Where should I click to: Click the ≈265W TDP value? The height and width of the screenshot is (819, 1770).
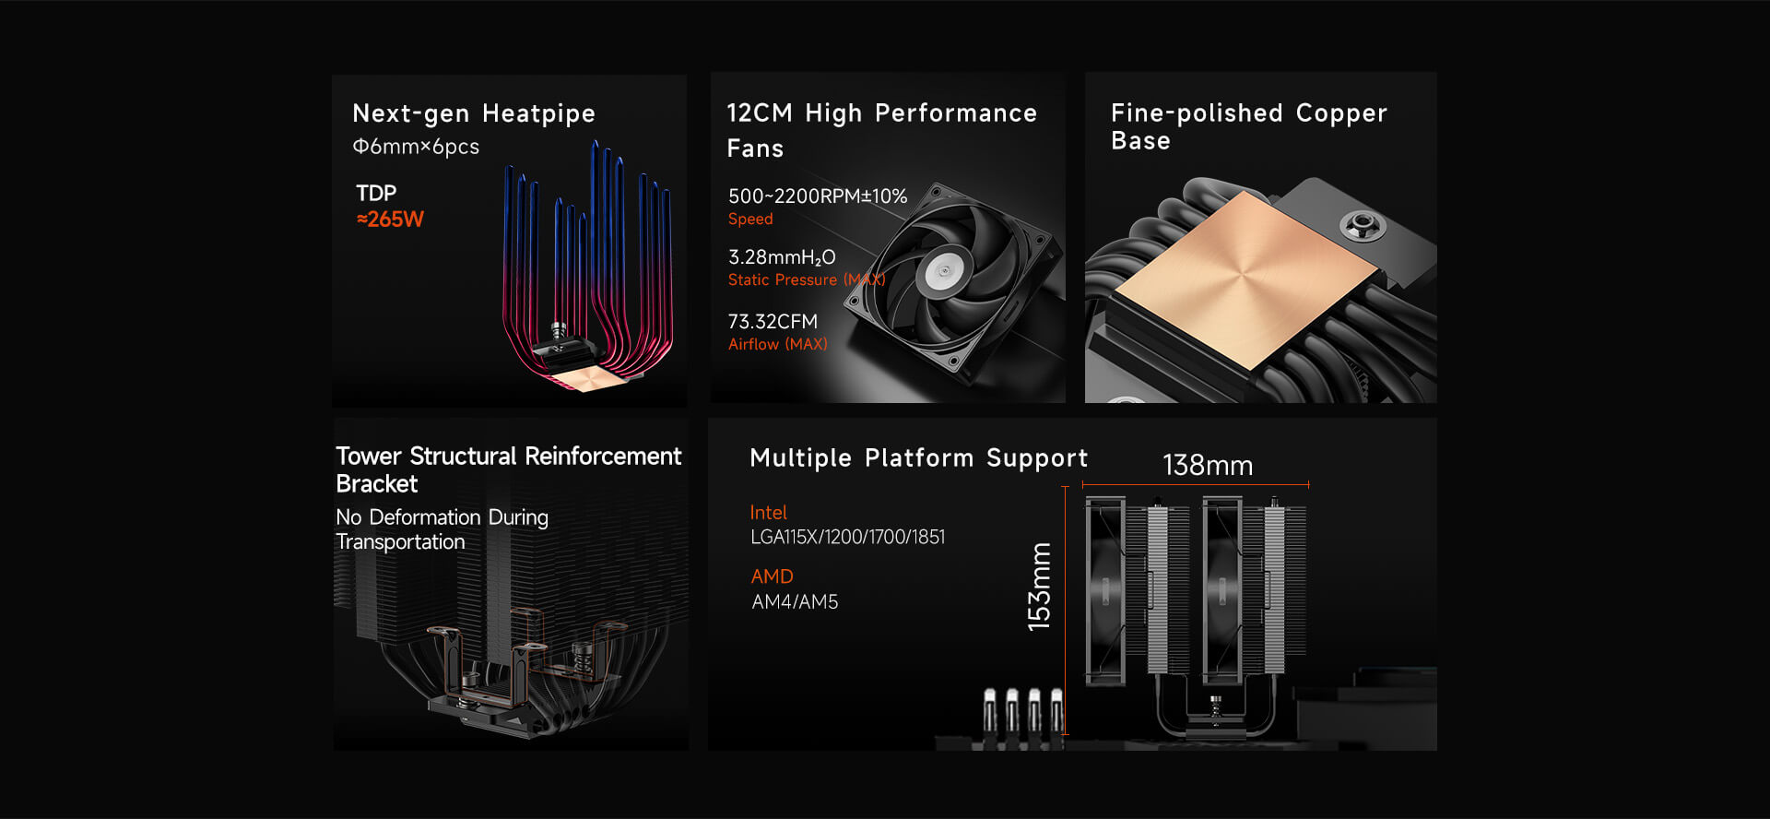click(390, 220)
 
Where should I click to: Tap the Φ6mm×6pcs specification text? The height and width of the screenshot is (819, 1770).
click(416, 147)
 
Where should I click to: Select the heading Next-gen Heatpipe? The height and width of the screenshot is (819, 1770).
click(474, 113)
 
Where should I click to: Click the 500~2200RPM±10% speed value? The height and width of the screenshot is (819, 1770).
click(817, 196)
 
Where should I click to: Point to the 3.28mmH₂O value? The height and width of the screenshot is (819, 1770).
click(782, 257)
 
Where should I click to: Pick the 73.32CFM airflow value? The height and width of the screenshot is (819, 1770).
click(773, 322)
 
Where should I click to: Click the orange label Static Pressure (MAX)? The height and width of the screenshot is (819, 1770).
click(806, 280)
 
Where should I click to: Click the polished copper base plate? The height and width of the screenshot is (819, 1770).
click(1245, 277)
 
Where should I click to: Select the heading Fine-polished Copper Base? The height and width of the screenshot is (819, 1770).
click(1248, 126)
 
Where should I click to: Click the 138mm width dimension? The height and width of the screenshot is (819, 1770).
click(1208, 466)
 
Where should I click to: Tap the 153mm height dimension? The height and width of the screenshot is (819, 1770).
click(1040, 587)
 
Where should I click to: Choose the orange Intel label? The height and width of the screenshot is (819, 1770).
click(768, 513)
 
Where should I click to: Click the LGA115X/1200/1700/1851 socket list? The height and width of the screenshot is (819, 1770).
click(847, 537)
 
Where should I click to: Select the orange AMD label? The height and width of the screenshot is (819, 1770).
click(772, 576)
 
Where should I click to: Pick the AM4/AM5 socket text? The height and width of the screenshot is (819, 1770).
click(795, 602)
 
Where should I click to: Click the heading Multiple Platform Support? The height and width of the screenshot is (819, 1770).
click(918, 458)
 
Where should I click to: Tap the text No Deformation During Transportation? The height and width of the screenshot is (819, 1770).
click(442, 529)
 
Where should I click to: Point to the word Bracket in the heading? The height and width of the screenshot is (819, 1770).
click(377, 484)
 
